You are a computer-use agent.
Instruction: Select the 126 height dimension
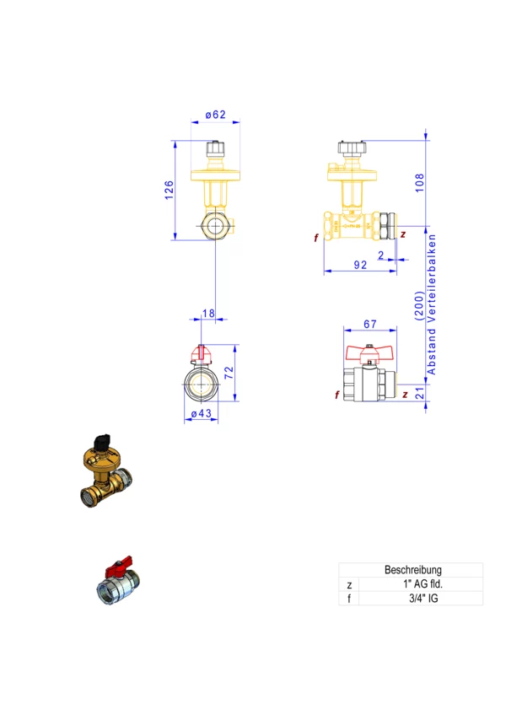pos(169,191)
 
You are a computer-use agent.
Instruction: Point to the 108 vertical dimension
pos(420,181)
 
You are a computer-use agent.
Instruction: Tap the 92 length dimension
pos(360,266)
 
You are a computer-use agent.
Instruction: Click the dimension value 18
pos(209,314)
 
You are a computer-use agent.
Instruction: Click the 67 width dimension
pos(369,324)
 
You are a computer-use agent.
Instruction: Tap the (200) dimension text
pos(419,304)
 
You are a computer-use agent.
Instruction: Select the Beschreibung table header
pos(413,570)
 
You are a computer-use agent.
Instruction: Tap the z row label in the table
pos(348,584)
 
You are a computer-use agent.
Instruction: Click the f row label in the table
pos(348,599)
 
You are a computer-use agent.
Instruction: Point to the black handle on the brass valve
pos(102,439)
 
